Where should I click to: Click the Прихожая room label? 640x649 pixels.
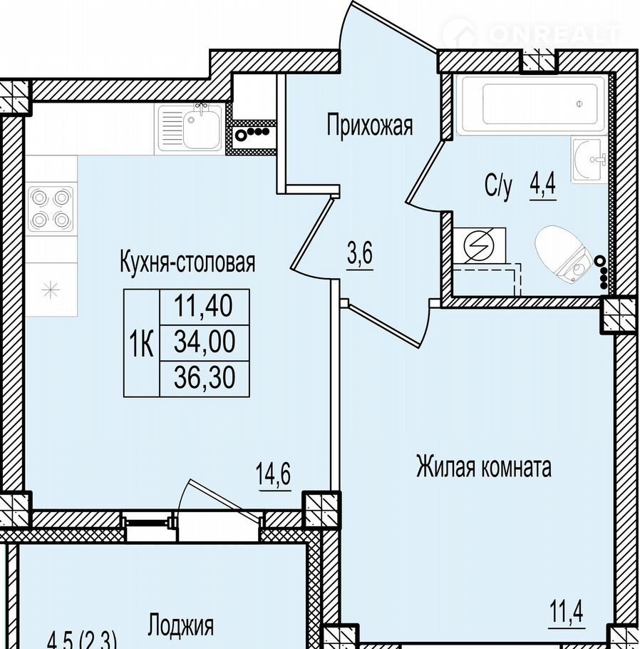(370, 126)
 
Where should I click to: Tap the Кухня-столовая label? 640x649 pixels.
(187, 262)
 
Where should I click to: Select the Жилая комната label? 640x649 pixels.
(484, 467)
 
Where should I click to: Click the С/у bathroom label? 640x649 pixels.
(498, 187)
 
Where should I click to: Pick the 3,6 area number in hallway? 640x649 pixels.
(360, 253)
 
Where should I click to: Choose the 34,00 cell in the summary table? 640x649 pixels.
(205, 342)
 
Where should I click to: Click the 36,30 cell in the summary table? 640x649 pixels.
(205, 378)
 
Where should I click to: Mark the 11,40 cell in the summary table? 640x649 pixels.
(205, 307)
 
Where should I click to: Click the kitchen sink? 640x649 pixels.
(190, 126)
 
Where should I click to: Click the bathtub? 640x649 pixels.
(533, 104)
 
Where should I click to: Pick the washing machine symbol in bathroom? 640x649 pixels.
(479, 246)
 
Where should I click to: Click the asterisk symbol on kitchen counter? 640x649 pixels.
(51, 290)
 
